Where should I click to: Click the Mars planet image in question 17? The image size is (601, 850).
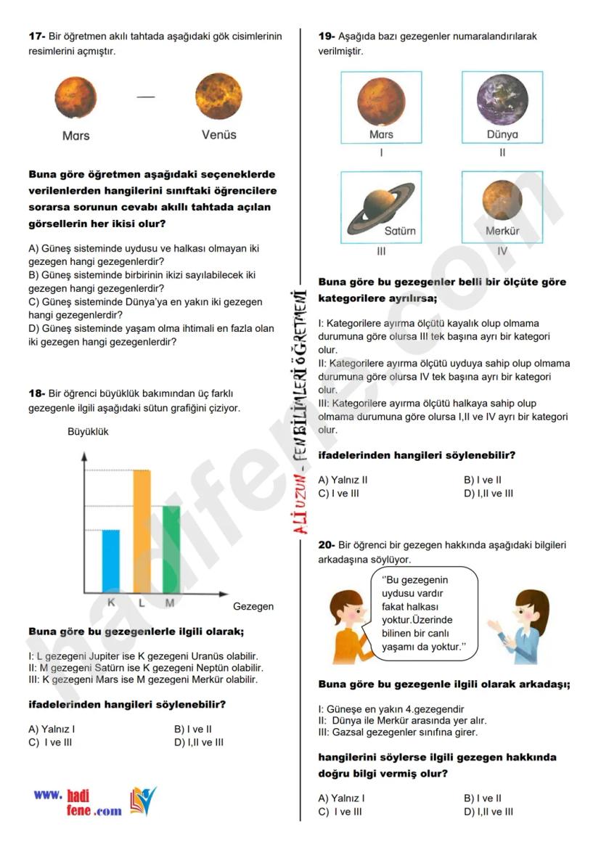tap(75, 99)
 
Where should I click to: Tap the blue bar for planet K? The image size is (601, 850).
tap(111, 560)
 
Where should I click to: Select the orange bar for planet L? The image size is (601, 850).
tap(142, 531)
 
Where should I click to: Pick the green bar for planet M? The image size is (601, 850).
tap(171, 549)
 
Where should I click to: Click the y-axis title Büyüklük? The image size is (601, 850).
tap(88, 431)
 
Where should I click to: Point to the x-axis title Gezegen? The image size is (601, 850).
tap(253, 606)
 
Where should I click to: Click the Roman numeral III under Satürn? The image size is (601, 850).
tap(381, 251)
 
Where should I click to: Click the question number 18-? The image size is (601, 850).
tap(37, 393)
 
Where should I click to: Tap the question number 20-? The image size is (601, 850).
tap(327, 544)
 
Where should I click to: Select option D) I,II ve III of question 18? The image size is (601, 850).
tap(199, 742)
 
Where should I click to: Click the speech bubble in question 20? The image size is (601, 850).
tap(425, 613)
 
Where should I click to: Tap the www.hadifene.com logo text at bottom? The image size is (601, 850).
tap(78, 802)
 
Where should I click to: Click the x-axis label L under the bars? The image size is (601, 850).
tap(142, 602)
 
